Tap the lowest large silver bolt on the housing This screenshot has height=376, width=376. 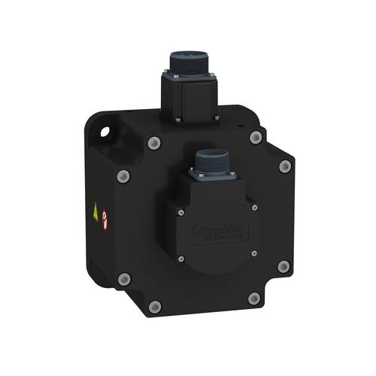click(x=155, y=306)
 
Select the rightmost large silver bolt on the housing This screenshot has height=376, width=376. click(x=284, y=166)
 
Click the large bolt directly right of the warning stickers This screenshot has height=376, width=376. click(x=124, y=176)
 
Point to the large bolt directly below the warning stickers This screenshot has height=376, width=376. click(x=125, y=279)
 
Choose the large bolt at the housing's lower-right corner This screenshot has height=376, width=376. click(x=284, y=266)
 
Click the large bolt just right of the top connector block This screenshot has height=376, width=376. click(x=256, y=137)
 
